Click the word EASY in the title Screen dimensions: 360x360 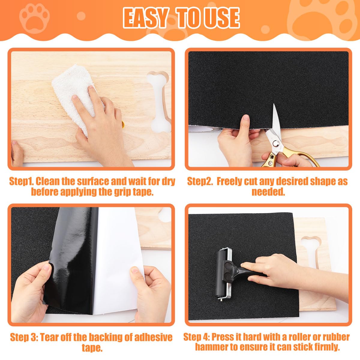(145, 18)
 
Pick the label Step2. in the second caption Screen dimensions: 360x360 (200, 181)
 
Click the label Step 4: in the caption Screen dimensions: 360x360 (197, 337)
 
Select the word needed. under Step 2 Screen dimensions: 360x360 (268, 192)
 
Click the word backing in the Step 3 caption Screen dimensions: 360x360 (104, 337)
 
